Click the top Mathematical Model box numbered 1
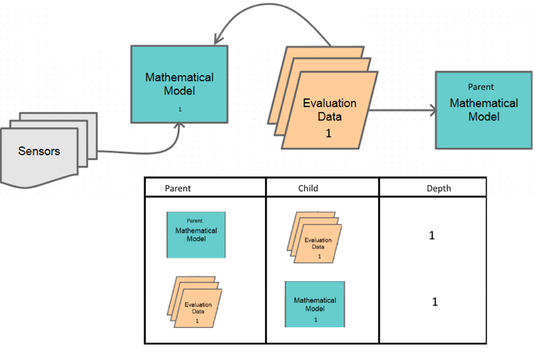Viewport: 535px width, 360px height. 179,84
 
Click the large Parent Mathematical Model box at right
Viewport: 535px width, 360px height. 483,109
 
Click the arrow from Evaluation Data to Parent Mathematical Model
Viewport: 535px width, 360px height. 402,112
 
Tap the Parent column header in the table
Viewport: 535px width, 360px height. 177,188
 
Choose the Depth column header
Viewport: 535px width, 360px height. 438,188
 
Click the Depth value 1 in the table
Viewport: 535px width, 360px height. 435,302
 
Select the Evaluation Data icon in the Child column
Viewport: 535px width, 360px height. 315,237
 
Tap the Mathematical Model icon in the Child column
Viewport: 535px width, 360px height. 315,304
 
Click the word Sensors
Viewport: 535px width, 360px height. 39,151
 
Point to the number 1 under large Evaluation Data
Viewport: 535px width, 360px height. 328,134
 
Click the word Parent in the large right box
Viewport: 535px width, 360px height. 481,87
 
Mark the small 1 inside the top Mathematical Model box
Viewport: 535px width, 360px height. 179,109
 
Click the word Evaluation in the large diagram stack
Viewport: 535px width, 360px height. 330,103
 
